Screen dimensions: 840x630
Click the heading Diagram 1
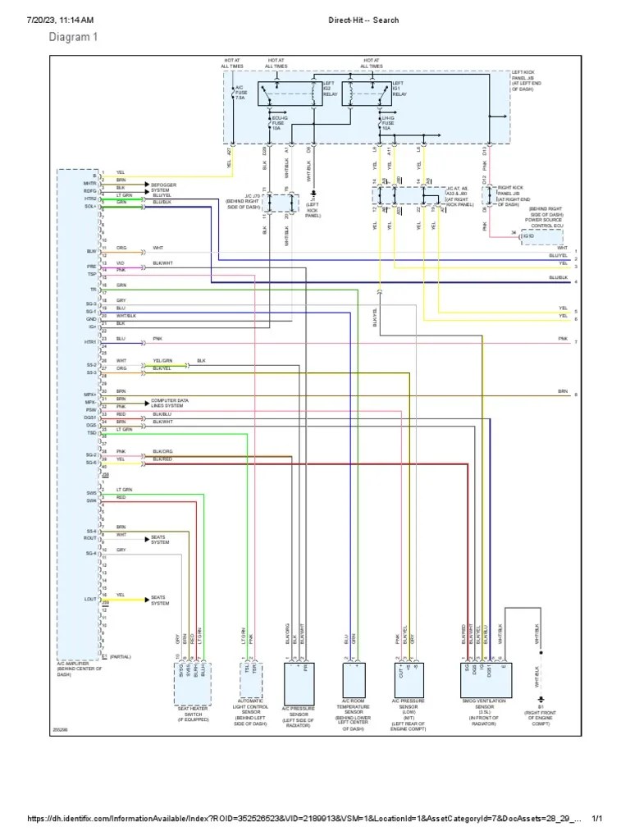(x=73, y=37)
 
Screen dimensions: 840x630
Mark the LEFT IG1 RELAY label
(x=399, y=89)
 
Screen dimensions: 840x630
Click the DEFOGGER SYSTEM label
(x=163, y=188)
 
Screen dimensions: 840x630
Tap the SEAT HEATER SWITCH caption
(x=192, y=712)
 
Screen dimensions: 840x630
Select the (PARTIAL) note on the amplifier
(x=121, y=656)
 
